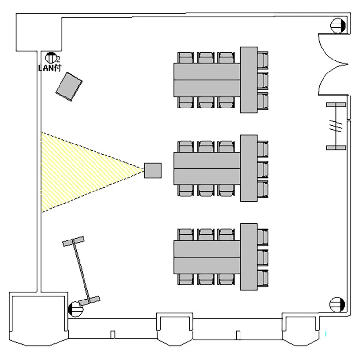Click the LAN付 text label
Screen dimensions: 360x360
pyautogui.click(x=50, y=67)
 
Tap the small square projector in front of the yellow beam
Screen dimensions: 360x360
pyautogui.click(x=153, y=170)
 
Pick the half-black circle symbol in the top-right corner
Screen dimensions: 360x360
pyautogui.click(x=338, y=25)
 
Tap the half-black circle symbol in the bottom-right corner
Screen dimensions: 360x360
pyautogui.click(x=338, y=304)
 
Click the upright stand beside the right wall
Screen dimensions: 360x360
pyautogui.click(x=336, y=126)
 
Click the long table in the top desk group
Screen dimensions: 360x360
pyautogui.click(x=207, y=80)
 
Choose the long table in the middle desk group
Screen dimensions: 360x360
pyautogui.click(x=207, y=168)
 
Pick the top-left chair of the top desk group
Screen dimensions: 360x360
pyautogui.click(x=185, y=59)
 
